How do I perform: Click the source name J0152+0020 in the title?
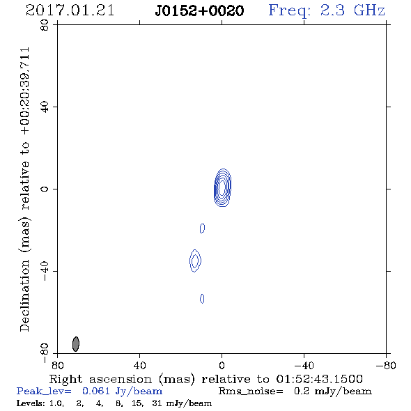pos(199,10)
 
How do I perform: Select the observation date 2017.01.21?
pos(70,10)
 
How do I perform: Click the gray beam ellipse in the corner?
pos(76,344)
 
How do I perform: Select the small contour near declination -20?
pos(202,228)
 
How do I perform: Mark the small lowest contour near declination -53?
pos(202,299)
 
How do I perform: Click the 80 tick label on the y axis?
pos(45,25)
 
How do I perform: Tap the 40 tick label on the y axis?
pos(45,107)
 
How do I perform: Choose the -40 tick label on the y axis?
pos(45,271)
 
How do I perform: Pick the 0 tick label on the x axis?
pos(222,365)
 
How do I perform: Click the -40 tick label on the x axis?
pos(304,365)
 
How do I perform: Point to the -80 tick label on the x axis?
pos(386,365)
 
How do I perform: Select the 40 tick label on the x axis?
pos(140,365)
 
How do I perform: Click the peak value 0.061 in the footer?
pos(96,391)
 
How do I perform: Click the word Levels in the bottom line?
pos(29,403)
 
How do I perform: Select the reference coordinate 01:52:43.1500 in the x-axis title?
pos(319,379)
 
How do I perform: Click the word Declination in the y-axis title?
pos(24,296)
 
